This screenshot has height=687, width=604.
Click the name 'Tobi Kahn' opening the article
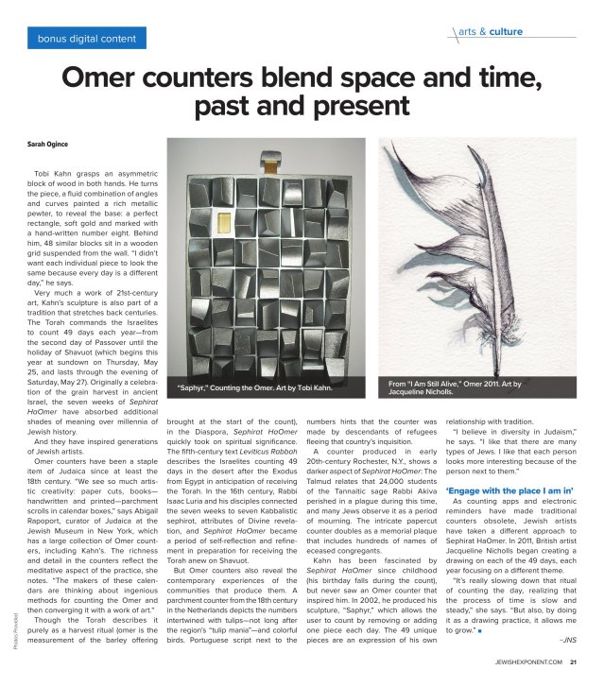click(49, 175)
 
